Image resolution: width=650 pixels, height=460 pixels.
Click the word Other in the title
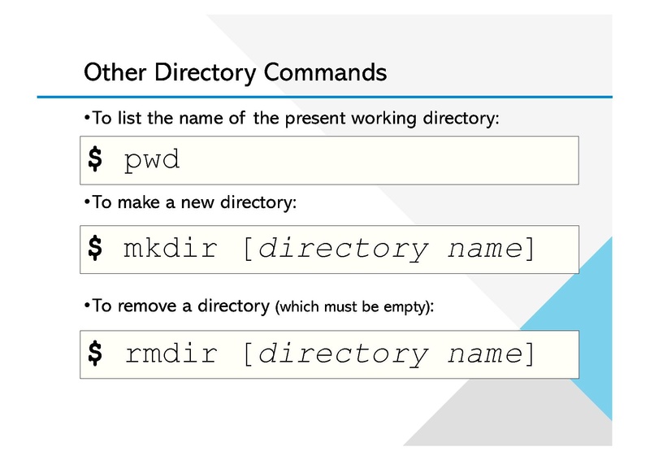point(115,72)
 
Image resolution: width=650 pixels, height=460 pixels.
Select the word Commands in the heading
point(325,72)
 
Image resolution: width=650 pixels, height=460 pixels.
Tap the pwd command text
point(152,160)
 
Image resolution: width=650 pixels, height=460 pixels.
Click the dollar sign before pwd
point(95,158)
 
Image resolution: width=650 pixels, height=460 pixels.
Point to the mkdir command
point(171,248)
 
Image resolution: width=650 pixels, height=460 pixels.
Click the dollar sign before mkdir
point(95,248)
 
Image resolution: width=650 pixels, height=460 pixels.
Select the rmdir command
point(171,354)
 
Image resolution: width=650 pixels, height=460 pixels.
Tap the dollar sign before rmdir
point(95,354)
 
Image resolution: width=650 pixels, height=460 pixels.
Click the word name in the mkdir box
point(485,249)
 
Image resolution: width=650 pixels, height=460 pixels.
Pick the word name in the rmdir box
point(485,354)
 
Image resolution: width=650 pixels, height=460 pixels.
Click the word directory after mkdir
point(343,250)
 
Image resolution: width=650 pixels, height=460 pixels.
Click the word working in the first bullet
point(383,119)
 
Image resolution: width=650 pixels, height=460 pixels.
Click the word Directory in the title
point(206,73)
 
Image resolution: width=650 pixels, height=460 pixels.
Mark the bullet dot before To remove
point(87,306)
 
